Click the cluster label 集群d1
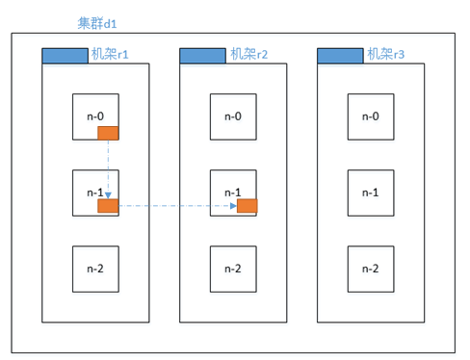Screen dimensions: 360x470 pos(96,22)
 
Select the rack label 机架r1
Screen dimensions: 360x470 pos(117,56)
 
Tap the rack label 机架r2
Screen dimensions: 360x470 pos(255,56)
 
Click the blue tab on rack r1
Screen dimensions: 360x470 pos(65,57)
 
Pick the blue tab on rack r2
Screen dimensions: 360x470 pos(202,57)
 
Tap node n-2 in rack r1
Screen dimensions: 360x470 pos(95,268)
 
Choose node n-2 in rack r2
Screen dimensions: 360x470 pos(233,268)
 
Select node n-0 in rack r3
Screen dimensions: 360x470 pos(370,116)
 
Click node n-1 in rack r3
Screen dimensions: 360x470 pos(370,192)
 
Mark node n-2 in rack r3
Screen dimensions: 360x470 pos(371,268)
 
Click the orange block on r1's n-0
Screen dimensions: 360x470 pos(107,133)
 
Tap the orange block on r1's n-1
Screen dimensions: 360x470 pos(107,205)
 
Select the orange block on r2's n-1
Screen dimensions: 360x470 pos(247,205)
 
